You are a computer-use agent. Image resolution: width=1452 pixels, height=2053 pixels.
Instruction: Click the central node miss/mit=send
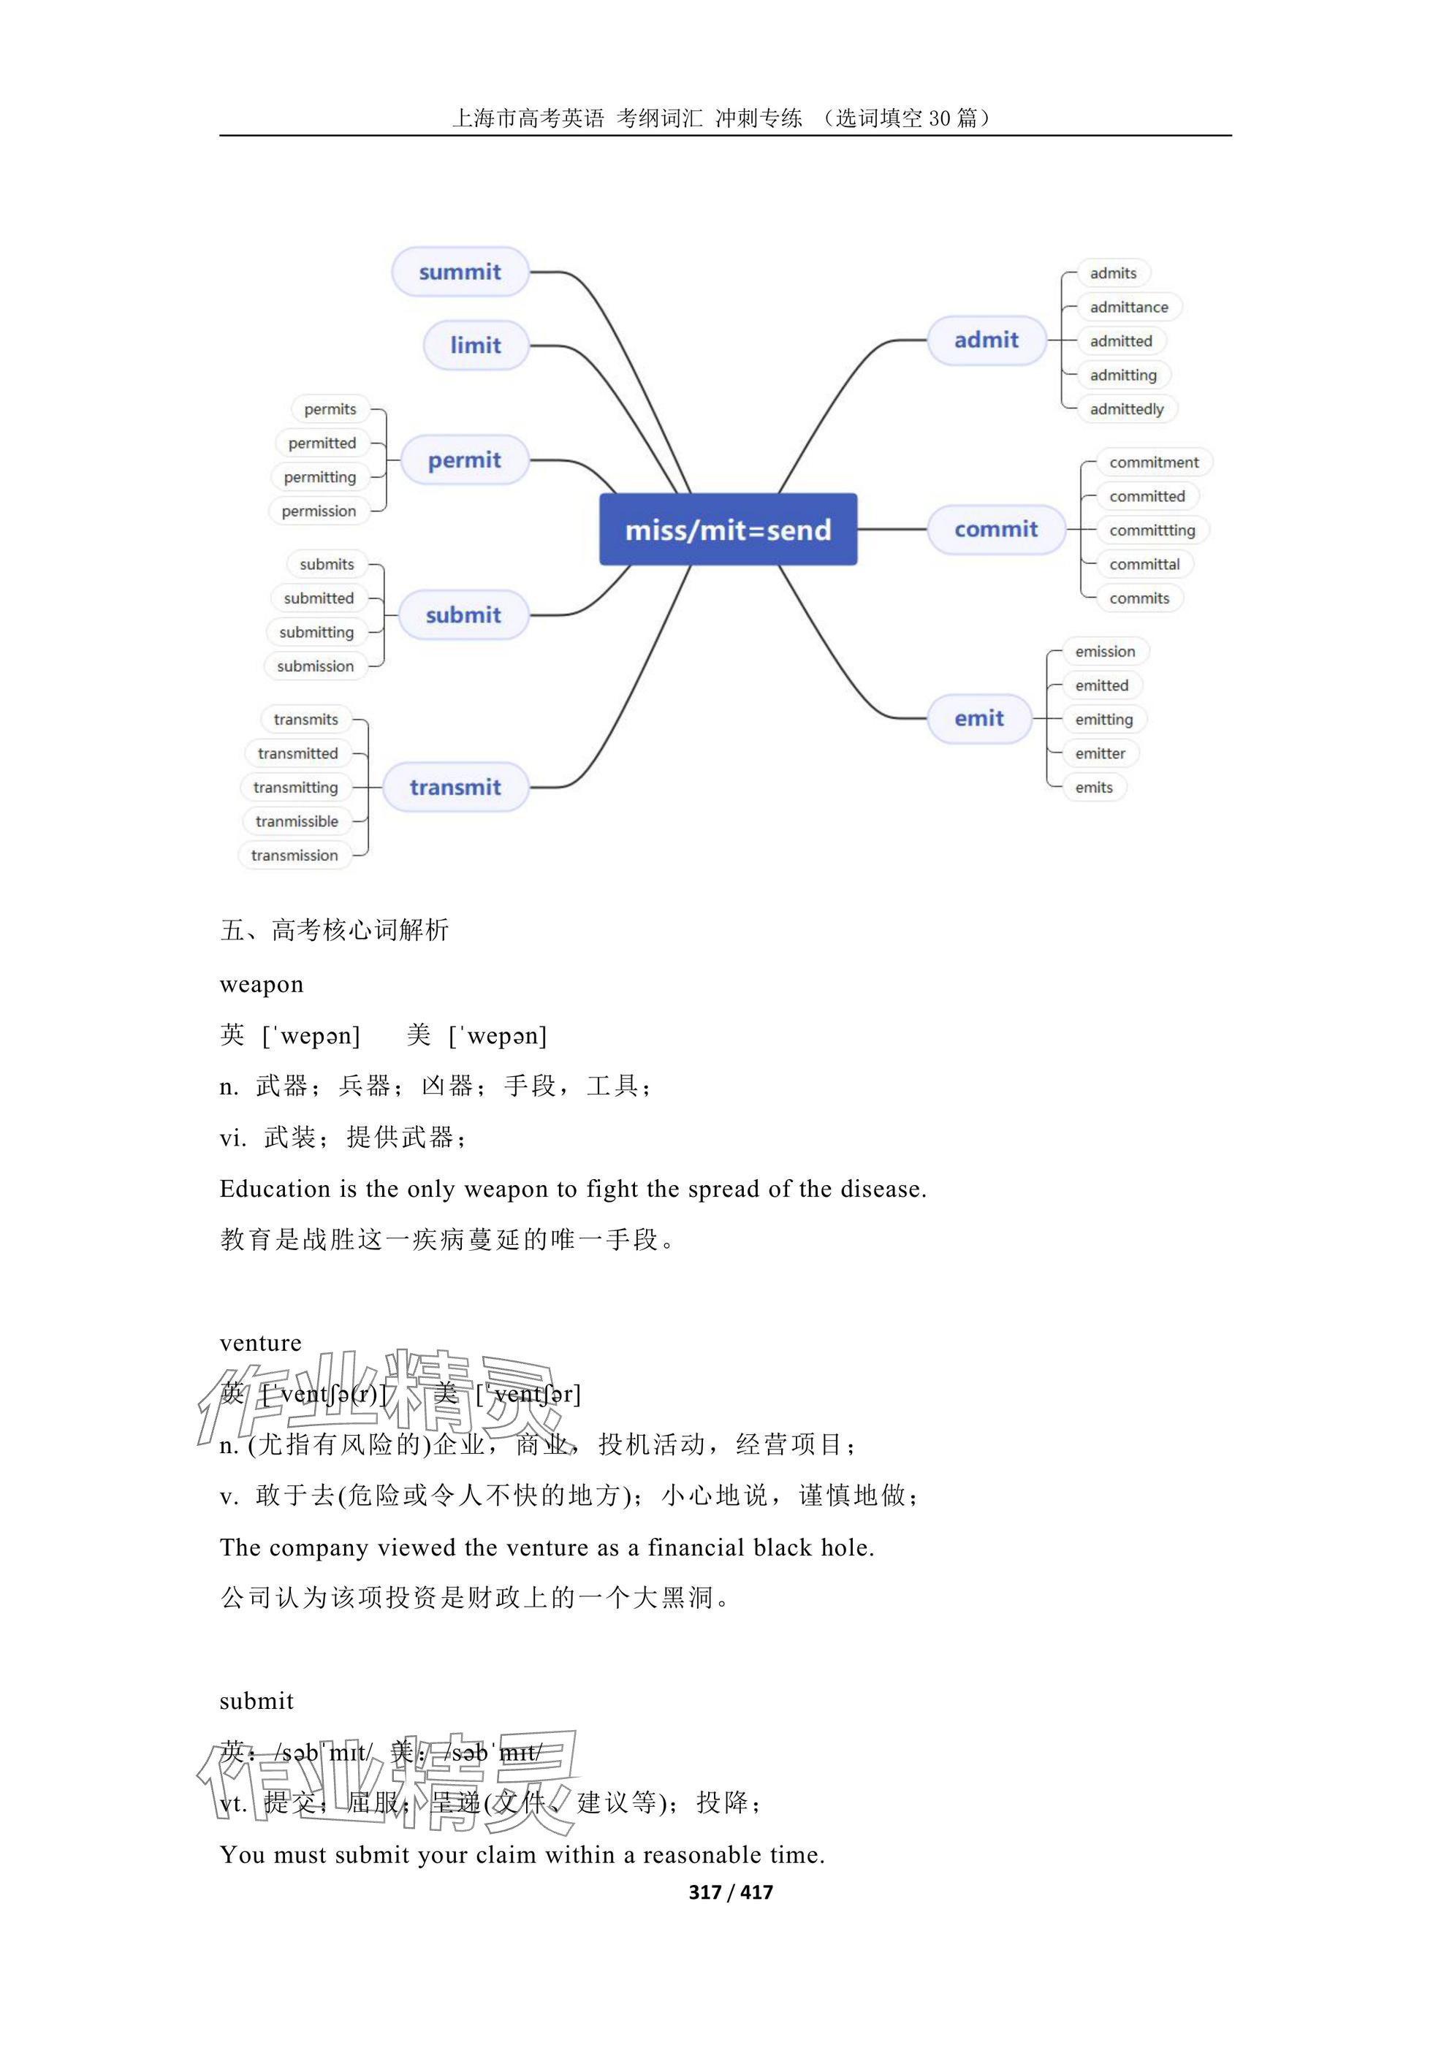[x=728, y=530]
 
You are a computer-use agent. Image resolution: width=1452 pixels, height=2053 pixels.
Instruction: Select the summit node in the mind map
[x=460, y=272]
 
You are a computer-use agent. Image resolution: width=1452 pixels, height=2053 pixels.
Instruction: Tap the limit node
[x=475, y=345]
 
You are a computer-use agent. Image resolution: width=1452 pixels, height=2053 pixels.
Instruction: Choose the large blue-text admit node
[x=987, y=340]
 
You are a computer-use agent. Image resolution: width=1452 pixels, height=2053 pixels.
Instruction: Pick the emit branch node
[x=979, y=718]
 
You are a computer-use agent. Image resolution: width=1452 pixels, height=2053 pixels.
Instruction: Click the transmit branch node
[x=455, y=787]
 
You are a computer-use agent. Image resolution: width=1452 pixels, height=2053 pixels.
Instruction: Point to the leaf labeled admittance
[x=1128, y=307]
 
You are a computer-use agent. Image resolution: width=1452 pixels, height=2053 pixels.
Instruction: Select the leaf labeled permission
[x=319, y=511]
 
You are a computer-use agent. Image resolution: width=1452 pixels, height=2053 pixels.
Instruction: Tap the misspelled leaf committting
[x=1152, y=530]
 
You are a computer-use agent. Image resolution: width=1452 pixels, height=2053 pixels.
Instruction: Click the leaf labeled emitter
[x=1100, y=753]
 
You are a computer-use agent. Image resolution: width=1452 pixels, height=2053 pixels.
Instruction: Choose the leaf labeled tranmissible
[x=297, y=821]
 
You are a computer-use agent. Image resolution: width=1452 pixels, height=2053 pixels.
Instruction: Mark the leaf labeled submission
[x=316, y=666]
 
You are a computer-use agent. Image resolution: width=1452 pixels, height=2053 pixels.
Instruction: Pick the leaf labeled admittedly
[x=1127, y=408]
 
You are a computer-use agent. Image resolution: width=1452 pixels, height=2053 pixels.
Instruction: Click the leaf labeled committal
[x=1144, y=564]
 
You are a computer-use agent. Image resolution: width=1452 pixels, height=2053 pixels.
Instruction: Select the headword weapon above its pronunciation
[x=262, y=984]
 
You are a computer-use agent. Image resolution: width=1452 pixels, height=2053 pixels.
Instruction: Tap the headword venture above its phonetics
[x=261, y=1343]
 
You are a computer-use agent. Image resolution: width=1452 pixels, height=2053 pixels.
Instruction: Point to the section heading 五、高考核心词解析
[x=335, y=930]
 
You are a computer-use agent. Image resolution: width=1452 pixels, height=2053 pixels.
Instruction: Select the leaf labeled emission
[x=1105, y=651]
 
